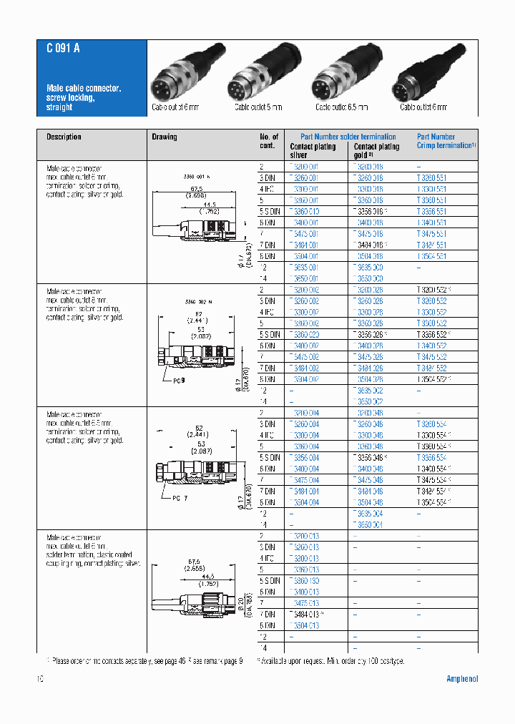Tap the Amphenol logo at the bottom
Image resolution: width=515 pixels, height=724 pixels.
[461, 679]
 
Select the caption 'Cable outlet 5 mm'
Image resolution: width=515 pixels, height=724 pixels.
[258, 107]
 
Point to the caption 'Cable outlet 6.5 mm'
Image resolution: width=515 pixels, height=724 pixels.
[342, 107]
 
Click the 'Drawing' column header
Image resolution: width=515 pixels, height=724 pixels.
[165, 137]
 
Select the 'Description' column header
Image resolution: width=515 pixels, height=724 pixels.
[64, 137]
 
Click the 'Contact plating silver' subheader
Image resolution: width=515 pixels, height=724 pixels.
[313, 150]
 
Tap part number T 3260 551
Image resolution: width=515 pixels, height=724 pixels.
[432, 177]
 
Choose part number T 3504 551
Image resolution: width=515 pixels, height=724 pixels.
[432, 256]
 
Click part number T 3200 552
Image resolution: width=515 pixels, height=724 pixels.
[433, 290]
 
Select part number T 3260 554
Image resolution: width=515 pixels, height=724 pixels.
[432, 424]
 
